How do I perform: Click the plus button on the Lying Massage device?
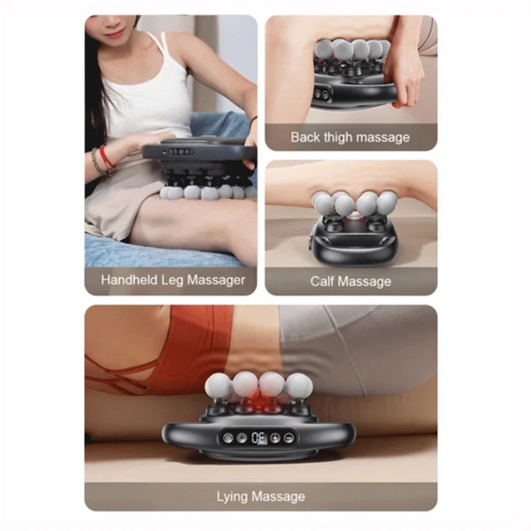(x=275, y=437)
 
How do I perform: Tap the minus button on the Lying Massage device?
(x=289, y=437)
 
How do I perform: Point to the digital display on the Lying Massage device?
(x=259, y=438)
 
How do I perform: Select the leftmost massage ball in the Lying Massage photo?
(x=218, y=386)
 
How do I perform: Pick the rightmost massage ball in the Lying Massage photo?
(x=299, y=386)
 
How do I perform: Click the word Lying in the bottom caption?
(x=232, y=496)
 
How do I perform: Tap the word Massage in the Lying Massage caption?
(x=279, y=496)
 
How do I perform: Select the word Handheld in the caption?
(x=129, y=280)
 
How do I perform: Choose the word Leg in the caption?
(x=173, y=281)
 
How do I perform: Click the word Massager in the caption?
(x=216, y=281)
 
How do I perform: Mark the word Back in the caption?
(x=305, y=137)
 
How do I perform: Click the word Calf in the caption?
(x=322, y=281)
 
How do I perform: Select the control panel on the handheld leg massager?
(x=181, y=151)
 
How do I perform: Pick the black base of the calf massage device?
(x=352, y=242)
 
